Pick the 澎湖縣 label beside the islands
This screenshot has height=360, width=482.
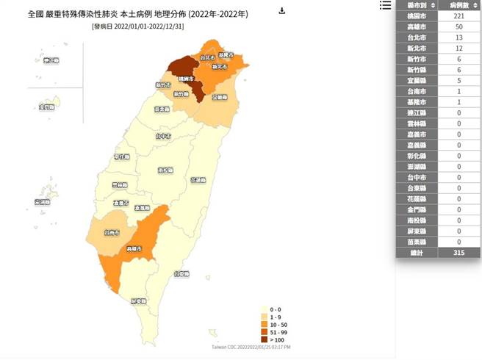(43, 201)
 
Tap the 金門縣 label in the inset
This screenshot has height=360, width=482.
(47, 107)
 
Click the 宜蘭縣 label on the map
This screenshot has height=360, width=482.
(219, 96)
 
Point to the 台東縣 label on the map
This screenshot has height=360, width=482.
(181, 274)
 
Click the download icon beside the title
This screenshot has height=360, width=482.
(282, 11)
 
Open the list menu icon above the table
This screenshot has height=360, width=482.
(386, 5)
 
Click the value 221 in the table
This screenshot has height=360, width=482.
(458, 15)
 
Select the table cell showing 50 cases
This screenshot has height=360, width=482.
(458, 26)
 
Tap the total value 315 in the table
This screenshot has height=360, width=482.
(458, 253)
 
